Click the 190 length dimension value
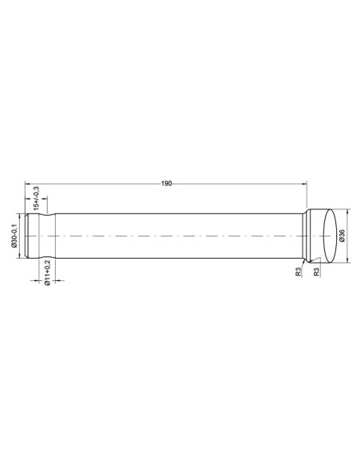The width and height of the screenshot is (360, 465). point(166,184)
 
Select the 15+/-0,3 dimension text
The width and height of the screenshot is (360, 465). point(37,196)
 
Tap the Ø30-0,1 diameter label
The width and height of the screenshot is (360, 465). point(15,236)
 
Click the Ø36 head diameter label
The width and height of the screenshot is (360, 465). point(342,236)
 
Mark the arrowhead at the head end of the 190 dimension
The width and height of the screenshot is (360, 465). point(304,184)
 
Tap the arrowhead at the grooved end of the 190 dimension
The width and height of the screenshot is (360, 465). point(28,184)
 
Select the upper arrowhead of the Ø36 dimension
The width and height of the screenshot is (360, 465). point(347,212)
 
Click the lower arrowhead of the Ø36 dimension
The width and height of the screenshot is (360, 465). point(347,261)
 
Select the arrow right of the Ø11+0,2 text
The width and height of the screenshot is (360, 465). point(53,279)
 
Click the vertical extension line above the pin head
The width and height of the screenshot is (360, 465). point(307,195)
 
